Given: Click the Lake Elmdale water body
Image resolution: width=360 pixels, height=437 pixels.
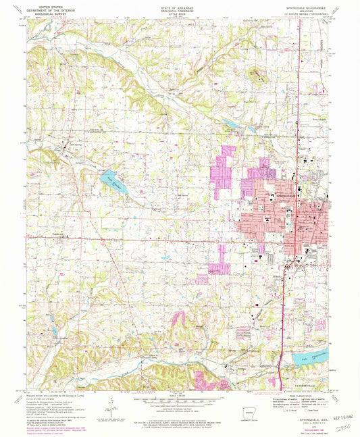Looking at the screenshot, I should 113,182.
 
